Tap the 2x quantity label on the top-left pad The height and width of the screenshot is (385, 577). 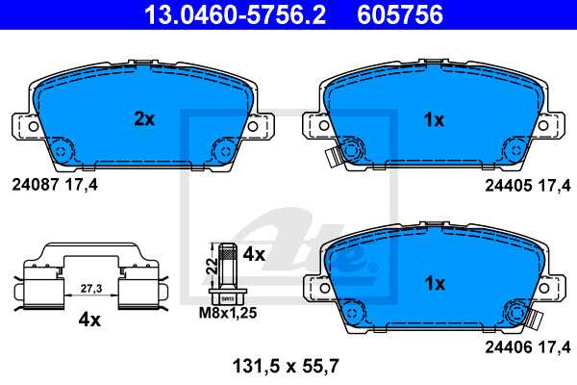(143, 120)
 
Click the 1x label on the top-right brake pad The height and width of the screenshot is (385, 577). (434, 120)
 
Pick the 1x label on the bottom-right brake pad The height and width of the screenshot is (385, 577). (434, 284)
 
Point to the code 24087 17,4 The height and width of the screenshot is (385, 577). (54, 181)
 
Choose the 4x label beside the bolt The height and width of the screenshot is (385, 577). (254, 255)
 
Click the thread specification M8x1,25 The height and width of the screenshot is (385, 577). (228, 314)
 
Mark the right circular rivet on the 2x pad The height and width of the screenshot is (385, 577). (223, 149)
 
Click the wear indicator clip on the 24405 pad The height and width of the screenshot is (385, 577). (333, 155)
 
